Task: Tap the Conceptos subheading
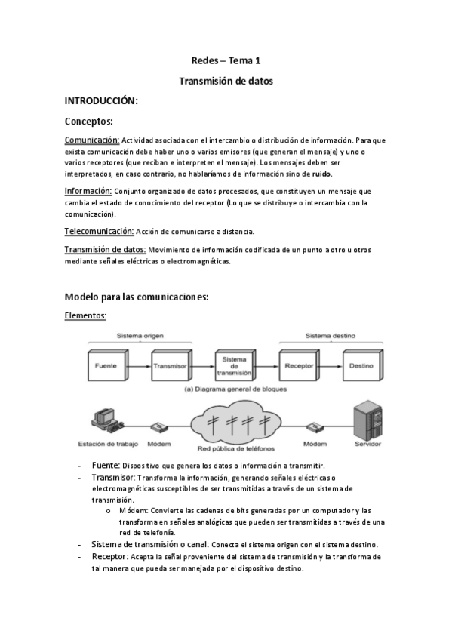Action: [88, 121]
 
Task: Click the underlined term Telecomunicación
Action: [99, 230]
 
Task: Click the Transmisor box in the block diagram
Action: [169, 365]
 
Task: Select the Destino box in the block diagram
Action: [361, 365]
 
